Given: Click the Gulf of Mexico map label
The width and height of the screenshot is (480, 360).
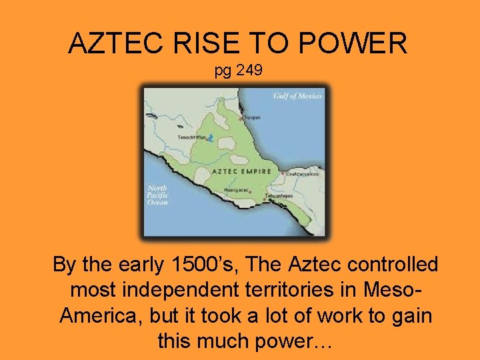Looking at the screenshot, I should [x=297, y=96].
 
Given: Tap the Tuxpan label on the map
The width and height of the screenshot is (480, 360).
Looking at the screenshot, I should [x=251, y=116].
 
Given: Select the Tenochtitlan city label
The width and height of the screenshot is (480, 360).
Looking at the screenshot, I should [x=191, y=138].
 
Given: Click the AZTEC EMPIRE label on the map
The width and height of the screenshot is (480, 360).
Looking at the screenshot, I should [x=241, y=171].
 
